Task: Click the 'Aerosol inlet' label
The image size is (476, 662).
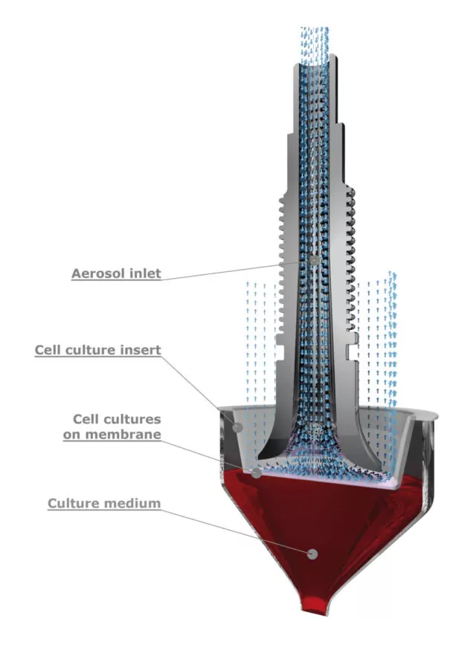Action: point(115,273)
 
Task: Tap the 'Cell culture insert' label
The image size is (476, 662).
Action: point(97,350)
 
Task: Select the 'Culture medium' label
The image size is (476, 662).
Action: point(104,504)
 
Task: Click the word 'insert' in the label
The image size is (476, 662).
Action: point(143,350)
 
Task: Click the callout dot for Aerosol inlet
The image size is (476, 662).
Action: point(315,261)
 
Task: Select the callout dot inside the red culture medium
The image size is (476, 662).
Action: point(313,554)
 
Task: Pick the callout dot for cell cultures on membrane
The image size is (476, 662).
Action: point(256,473)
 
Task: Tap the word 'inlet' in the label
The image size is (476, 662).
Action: point(144,273)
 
